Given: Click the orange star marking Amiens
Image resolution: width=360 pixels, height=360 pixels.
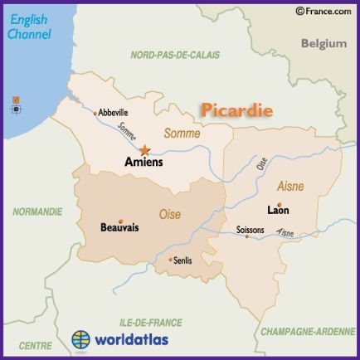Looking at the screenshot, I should tap(145, 150).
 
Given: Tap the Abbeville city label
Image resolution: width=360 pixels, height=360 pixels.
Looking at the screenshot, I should tap(114, 113).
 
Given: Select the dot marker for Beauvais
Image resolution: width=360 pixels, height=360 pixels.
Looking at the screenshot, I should tap(120, 221).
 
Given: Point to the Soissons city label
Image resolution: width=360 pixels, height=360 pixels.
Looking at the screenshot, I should tap(250, 229).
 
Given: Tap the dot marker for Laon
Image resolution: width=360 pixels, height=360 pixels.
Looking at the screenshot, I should tap(280, 204).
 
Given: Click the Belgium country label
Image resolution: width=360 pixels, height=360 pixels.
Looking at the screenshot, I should tap(324, 43).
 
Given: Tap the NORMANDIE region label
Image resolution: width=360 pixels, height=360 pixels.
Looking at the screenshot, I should tap(37, 212).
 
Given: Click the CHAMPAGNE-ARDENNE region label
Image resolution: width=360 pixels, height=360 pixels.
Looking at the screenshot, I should tap(308, 330).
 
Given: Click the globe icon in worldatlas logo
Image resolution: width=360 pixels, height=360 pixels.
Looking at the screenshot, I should tap(80, 340).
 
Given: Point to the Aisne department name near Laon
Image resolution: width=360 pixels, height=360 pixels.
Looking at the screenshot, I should tap(290, 187).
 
